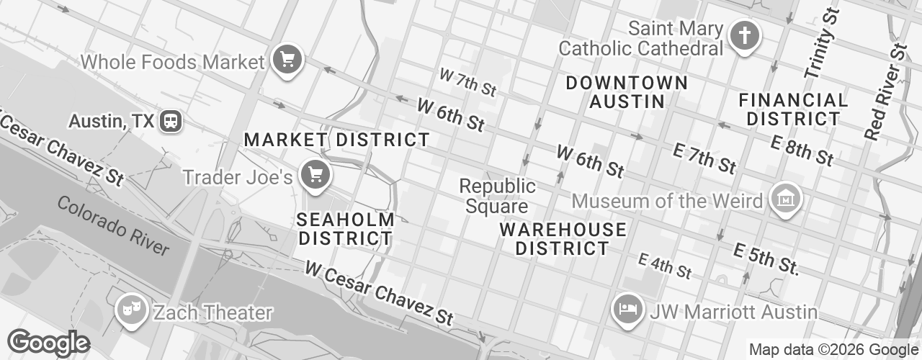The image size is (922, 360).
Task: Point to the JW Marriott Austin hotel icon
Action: [627, 308]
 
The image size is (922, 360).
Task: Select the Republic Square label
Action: [497, 196]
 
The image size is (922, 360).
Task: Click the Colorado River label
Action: [113, 226]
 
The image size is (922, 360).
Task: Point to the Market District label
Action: [336, 140]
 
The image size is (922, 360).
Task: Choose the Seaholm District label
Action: [346, 228]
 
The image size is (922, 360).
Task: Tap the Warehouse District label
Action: [563, 239]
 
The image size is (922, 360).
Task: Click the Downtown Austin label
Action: [626, 91]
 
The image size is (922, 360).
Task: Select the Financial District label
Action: [793, 109]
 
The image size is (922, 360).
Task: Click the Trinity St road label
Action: [821, 43]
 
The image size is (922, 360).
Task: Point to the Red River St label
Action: [886, 92]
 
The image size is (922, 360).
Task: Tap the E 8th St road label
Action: [801, 148]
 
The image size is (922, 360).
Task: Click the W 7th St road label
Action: [468, 83]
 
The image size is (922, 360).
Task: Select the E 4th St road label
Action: [665, 266]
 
